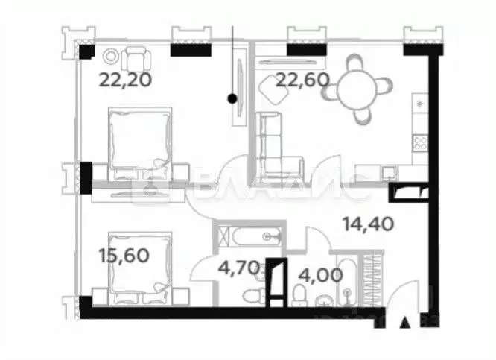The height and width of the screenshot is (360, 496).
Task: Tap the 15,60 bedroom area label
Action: click(x=124, y=256)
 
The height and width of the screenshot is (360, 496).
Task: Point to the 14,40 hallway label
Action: click(x=367, y=223)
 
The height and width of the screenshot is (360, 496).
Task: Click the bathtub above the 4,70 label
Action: click(x=248, y=237)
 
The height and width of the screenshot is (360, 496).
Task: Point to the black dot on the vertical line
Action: click(x=232, y=98)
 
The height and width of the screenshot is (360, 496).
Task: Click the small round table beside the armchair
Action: click(x=111, y=56)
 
